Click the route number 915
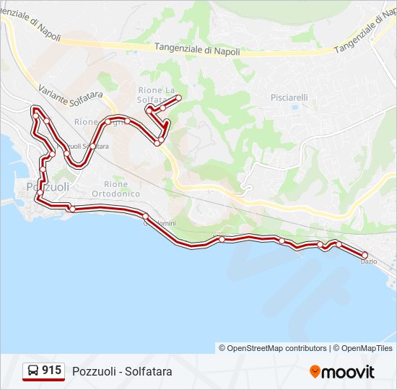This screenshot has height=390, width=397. [x=51, y=370]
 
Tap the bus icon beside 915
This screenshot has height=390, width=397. [x=33, y=371]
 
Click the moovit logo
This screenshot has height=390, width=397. [x=342, y=372]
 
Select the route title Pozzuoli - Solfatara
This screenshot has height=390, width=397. [x=122, y=371]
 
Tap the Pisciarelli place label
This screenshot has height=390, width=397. [x=289, y=97]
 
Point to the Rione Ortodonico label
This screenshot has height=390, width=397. [x=115, y=188]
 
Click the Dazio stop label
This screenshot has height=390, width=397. [x=368, y=261]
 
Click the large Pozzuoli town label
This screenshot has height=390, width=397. [x=47, y=187]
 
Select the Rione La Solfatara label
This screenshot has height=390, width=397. [x=156, y=95]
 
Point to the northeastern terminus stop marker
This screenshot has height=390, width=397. [x=178, y=97]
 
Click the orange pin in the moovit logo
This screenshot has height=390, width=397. [x=315, y=372]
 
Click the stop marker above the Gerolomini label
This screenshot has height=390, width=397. [x=146, y=216]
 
